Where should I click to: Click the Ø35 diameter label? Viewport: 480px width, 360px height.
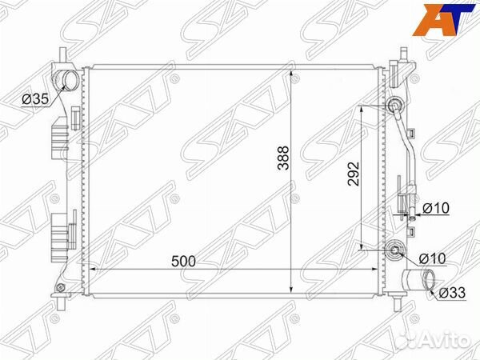pyautogui.click(x=35, y=99)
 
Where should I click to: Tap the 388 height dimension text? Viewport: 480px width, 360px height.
pyautogui.click(x=283, y=158)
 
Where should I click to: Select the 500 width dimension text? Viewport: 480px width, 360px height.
pyautogui.click(x=183, y=262)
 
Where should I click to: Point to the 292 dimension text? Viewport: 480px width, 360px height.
pyautogui.click(x=354, y=174)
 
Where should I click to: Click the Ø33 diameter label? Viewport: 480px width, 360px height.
pyautogui.click(x=452, y=293)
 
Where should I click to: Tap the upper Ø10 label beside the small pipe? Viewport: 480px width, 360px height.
pyautogui.click(x=436, y=209)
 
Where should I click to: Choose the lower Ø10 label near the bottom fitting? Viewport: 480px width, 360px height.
pyautogui.click(x=433, y=258)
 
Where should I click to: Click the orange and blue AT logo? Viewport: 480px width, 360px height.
pyautogui.click(x=443, y=19)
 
